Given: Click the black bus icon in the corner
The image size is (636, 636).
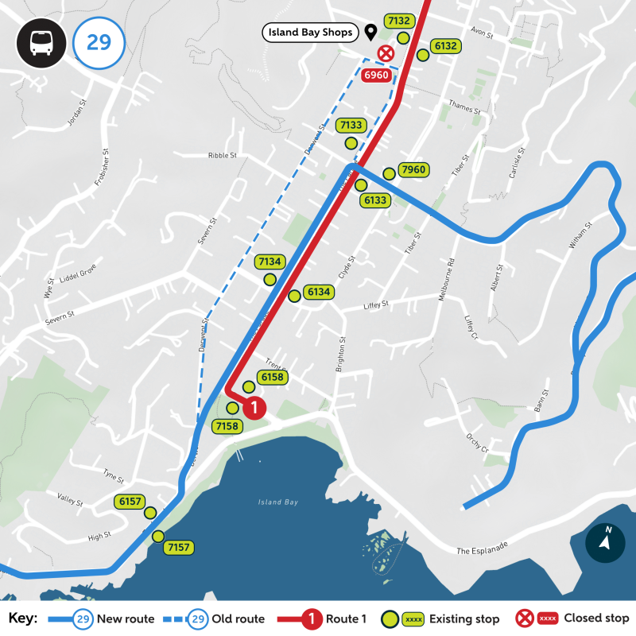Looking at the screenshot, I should [41, 42].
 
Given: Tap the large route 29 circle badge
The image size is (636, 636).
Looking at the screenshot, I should [99, 42].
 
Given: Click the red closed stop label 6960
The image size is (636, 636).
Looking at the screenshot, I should [375, 76].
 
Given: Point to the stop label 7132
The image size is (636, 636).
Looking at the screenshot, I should [397, 21].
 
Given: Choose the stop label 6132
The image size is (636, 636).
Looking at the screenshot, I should [444, 46].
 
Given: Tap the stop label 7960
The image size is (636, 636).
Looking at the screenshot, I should [414, 169].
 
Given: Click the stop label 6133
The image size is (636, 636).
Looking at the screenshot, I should [375, 200].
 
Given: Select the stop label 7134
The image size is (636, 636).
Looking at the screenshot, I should [270, 261].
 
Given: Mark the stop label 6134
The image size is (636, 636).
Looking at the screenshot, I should [319, 292].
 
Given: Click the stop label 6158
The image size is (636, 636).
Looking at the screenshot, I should [271, 376].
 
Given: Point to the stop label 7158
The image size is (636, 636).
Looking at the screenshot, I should [227, 427].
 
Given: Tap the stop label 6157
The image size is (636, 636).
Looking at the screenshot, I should [129, 502].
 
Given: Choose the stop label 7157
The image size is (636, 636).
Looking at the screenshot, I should [178, 547].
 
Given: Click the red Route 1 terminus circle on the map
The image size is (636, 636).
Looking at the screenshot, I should [253, 409].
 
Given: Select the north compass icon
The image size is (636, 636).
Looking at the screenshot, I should [605, 542].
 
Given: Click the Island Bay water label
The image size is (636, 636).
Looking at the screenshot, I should [277, 502].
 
